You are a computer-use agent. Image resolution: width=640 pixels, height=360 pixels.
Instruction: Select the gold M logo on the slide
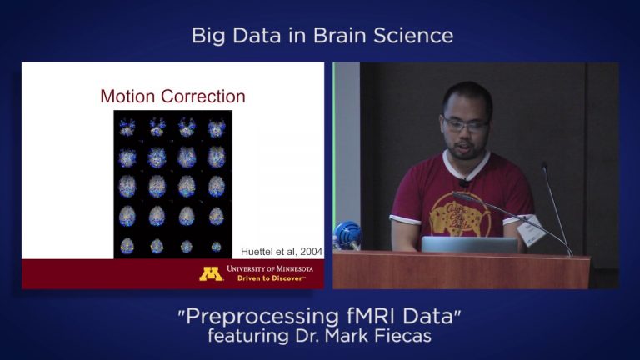[211, 273]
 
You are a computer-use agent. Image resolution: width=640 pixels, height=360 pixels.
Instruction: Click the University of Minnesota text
[269, 269]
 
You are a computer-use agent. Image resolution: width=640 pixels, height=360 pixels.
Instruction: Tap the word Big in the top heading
[208, 36]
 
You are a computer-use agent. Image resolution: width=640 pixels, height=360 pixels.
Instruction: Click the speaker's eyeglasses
[466, 125]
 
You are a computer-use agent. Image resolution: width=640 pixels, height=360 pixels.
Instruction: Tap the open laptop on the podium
[469, 244]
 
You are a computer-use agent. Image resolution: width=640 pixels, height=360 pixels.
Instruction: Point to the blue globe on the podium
[348, 234]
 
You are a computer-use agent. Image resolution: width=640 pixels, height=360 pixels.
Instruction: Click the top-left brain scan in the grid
[127, 128]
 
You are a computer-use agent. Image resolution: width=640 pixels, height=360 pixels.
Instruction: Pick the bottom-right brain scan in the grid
[217, 246]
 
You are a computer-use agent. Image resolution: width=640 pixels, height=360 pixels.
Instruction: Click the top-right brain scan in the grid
[217, 128]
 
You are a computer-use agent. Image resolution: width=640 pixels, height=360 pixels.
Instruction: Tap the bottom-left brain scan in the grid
[127, 246]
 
